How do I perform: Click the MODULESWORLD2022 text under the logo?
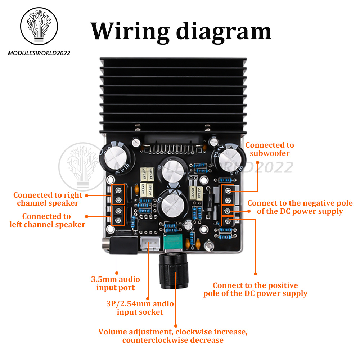[x=39, y=53]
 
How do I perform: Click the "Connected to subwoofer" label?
[x=270, y=149]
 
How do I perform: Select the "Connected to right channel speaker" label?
[x=48, y=199]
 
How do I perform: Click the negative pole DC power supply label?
[x=300, y=207]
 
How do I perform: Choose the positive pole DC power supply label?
[x=255, y=289]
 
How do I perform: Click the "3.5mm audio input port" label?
[x=116, y=283]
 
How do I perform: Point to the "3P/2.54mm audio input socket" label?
[x=140, y=308]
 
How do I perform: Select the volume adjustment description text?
[x=173, y=336]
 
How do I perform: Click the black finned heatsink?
[x=173, y=94]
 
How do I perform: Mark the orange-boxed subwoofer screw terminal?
[x=228, y=195]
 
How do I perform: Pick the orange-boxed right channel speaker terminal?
[x=118, y=195]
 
